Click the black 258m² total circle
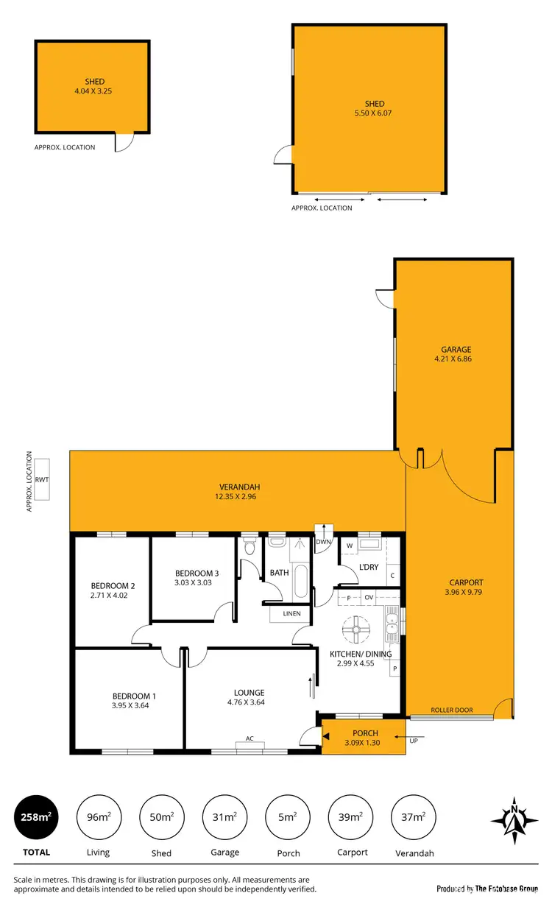click(x=36, y=817)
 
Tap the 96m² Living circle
click(x=98, y=817)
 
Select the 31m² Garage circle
click(x=224, y=817)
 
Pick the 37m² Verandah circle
click(x=413, y=817)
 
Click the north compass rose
click(x=514, y=819)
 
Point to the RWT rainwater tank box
click(x=42, y=480)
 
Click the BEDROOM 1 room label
click(x=134, y=696)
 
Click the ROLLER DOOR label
click(x=453, y=710)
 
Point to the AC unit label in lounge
click(x=250, y=738)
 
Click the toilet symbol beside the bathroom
click(x=249, y=547)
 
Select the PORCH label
click(x=365, y=733)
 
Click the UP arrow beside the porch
click(x=413, y=741)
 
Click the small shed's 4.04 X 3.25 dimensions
click(x=93, y=91)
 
